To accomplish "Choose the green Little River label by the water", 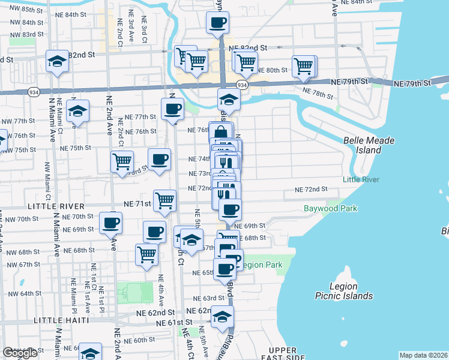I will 361,179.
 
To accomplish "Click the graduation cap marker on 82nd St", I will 58,61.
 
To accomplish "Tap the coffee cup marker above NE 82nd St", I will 217,23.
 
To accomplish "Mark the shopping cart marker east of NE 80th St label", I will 304,65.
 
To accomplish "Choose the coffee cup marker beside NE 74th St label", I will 159,159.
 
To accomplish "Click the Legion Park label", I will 261,265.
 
